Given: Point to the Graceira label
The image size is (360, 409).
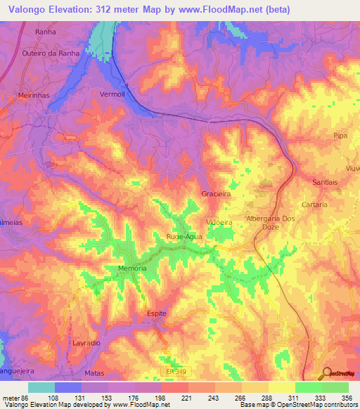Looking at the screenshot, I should click(x=215, y=193).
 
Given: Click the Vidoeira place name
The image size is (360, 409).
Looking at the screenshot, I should click(x=219, y=222).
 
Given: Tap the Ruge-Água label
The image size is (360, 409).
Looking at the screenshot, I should click(x=184, y=237).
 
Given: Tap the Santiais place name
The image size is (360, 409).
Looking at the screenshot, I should click(x=325, y=182).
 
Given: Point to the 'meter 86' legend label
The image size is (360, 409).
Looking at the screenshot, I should click(x=15, y=399).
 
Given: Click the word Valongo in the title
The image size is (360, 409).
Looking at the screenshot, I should click(x=30, y=10).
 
